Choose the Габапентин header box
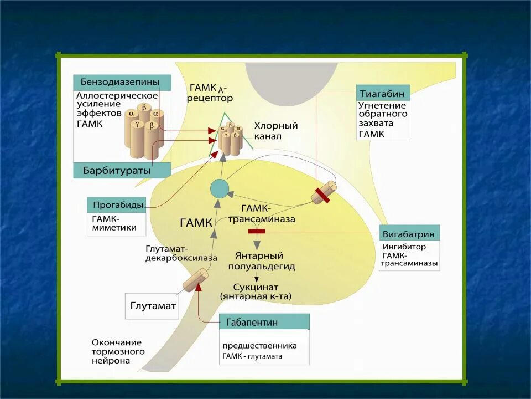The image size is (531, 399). pyautogui.click(x=264, y=322)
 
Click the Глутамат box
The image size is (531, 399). pyautogui.click(x=153, y=305)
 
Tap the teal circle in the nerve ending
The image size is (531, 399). pyautogui.click(x=219, y=189)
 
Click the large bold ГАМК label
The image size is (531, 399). pyautogui.click(x=196, y=223)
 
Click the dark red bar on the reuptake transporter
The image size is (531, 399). pyautogui.click(x=322, y=195)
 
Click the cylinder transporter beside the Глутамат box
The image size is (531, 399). pyautogui.click(x=195, y=280)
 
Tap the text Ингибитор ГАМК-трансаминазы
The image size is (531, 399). pyautogui.click(x=409, y=255)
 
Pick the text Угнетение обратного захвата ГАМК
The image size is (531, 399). pyautogui.click(x=382, y=120)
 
